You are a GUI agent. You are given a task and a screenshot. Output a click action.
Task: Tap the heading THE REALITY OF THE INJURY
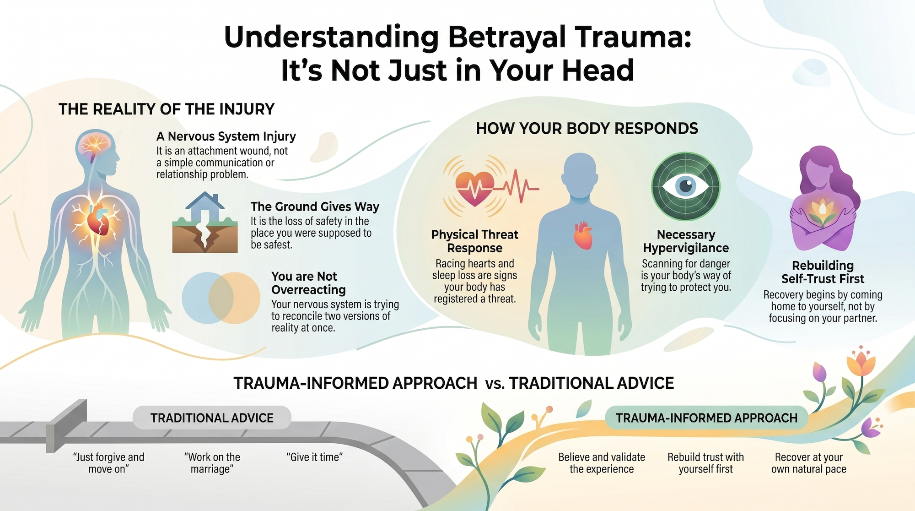pyautogui.click(x=167, y=109)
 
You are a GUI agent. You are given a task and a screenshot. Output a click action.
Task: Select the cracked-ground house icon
pyautogui.click(x=205, y=223)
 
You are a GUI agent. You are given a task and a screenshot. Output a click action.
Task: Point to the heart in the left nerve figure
pyautogui.click(x=99, y=218)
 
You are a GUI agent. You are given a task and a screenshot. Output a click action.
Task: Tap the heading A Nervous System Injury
pyautogui.click(x=226, y=136)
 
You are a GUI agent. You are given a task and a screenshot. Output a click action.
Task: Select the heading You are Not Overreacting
pyautogui.click(x=308, y=283)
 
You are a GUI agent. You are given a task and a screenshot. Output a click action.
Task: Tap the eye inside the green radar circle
pyautogui.click(x=685, y=186)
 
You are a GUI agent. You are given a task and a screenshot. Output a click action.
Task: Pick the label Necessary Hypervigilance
pyautogui.click(x=686, y=241)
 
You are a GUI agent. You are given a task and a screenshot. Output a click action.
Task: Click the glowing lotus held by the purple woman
pyautogui.click(x=823, y=213)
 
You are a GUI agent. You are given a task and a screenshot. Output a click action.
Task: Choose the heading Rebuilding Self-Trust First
pyautogui.click(x=823, y=272)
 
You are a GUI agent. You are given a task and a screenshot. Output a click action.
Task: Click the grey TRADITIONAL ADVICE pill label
pyautogui.click(x=212, y=418)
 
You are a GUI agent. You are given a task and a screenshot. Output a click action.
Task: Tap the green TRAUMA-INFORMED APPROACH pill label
pyautogui.click(x=706, y=418)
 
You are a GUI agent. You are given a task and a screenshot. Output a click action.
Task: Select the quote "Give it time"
pyautogui.click(x=314, y=457)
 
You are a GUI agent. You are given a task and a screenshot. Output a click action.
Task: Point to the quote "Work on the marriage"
pyautogui.click(x=212, y=463)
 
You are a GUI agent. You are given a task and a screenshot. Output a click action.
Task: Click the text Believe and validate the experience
pyautogui.click(x=602, y=463)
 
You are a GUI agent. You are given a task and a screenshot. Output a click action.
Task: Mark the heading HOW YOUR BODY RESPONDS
pyautogui.click(x=587, y=129)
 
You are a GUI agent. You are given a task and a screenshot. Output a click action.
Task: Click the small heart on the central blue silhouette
pyautogui.click(x=583, y=235)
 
